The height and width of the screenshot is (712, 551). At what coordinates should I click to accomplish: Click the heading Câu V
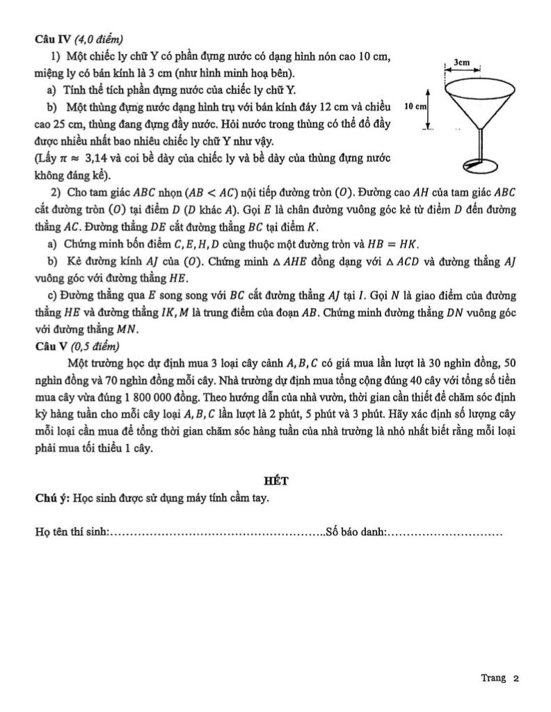tap(49, 346)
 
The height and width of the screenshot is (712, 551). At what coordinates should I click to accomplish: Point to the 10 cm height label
tap(415, 108)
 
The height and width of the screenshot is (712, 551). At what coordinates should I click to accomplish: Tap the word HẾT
tap(275, 480)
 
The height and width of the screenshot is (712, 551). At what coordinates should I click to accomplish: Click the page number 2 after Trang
tap(516, 678)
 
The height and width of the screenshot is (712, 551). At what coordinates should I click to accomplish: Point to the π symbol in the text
tap(69, 158)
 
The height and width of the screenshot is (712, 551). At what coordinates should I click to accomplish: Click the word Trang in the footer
tap(493, 678)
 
